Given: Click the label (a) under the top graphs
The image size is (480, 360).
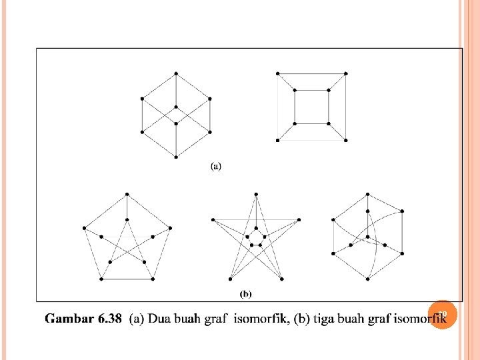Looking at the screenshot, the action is point(216,166).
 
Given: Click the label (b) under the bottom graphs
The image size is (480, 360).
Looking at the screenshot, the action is point(245,293).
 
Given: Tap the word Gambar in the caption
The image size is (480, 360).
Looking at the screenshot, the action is point(69,319).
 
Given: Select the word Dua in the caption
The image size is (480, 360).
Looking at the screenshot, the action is point(159,319).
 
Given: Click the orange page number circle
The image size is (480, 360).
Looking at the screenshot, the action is point(442,314).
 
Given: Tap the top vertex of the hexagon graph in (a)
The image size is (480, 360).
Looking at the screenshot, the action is point(176,73).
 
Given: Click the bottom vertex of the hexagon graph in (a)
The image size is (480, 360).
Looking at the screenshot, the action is point(176,157).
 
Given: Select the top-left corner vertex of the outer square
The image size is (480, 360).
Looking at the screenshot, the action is point(278,73).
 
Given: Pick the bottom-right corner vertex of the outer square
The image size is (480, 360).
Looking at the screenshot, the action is point(347,141).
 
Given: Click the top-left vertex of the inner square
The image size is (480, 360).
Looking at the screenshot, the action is point(295,89).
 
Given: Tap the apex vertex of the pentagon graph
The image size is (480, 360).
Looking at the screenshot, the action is point(127,194).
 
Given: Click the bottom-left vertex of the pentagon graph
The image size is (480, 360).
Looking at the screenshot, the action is point(101,279).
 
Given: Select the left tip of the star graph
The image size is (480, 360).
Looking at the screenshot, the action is point(211,219).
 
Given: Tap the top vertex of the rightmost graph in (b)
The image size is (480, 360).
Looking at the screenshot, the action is point(367,194).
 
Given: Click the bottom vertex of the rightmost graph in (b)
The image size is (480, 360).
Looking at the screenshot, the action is point(367,278).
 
